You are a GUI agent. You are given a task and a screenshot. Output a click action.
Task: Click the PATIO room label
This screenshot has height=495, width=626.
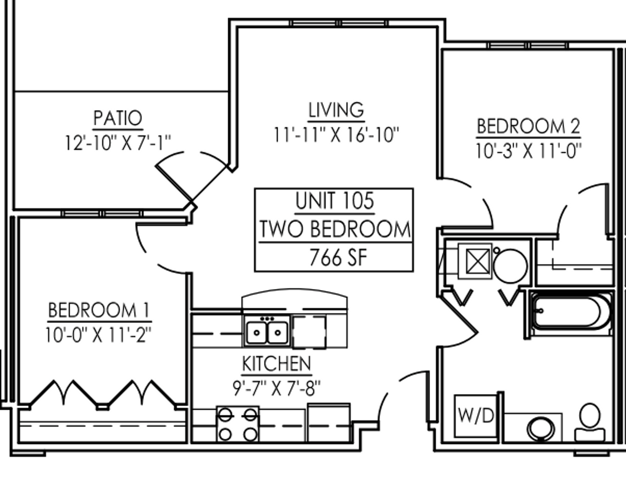coord(118,118)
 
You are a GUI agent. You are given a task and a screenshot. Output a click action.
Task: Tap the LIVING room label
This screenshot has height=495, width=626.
coord(336,110)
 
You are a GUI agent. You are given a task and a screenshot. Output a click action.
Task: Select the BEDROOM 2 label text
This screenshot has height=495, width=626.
coord(528,126)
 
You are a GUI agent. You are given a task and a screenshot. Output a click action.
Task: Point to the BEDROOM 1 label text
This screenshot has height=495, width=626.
coord(99,310)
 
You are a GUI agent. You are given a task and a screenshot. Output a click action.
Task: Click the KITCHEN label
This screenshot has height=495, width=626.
coord(277,364)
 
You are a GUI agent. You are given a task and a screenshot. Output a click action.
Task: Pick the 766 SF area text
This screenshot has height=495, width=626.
coord(338,258)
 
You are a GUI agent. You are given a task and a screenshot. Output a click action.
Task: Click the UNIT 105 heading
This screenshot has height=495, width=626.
coord(335,201)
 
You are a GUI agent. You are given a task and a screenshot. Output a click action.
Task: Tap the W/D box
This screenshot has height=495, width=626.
coord(476,416)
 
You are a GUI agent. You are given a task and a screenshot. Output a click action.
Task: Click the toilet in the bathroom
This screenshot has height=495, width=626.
coord(590,423)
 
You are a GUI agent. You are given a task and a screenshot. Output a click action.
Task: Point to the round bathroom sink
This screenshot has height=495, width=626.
coord(540,429)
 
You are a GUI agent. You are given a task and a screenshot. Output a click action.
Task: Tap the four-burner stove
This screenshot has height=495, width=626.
coord(238,424)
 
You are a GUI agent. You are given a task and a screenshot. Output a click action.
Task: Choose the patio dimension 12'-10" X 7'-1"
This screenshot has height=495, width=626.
coord(118,143)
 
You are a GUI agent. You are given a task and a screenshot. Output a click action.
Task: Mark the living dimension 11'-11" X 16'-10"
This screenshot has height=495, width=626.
coord(336,135)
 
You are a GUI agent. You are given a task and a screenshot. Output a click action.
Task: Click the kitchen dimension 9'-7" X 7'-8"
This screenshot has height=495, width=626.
coord(277,388)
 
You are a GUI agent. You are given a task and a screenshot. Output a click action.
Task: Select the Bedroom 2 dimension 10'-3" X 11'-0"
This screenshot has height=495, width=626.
coord(528,151)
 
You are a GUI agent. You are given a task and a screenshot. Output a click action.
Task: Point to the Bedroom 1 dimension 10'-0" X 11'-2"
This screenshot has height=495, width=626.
coord(99,335)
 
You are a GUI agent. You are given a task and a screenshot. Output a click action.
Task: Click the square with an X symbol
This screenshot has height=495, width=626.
coord(478,262)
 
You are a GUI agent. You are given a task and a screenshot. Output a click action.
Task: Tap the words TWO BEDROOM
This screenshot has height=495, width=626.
coord(335,229)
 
